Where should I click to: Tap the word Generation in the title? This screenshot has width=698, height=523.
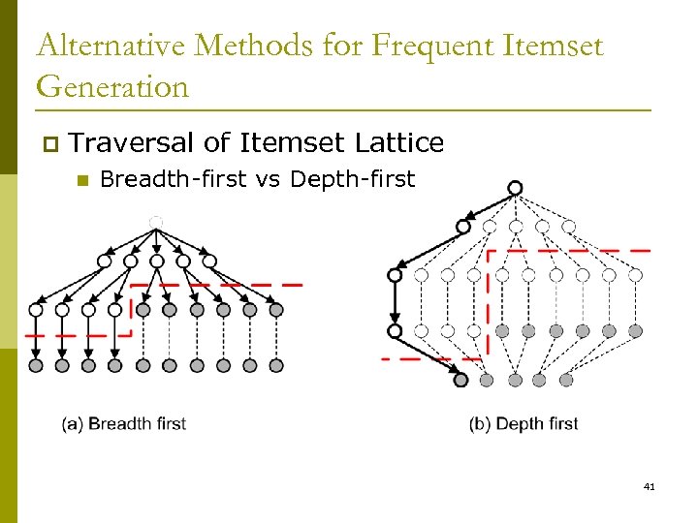112,87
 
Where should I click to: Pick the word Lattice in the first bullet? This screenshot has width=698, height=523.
399,143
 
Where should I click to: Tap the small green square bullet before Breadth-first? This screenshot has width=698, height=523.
82,180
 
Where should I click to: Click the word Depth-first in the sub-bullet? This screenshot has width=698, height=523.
352,179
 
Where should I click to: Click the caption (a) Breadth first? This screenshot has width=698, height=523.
123,423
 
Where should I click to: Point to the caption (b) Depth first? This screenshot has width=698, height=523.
523,423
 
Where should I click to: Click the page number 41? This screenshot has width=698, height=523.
649,486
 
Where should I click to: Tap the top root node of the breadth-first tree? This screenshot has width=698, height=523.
156,223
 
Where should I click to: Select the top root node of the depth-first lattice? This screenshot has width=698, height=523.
515,188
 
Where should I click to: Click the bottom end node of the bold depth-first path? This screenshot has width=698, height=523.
461,380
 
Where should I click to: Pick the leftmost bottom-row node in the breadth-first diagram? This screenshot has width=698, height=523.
36,365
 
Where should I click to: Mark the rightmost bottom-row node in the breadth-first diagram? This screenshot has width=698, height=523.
276,365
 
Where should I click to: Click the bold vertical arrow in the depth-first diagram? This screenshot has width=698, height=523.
395,302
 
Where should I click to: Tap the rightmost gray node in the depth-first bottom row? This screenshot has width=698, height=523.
566,380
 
